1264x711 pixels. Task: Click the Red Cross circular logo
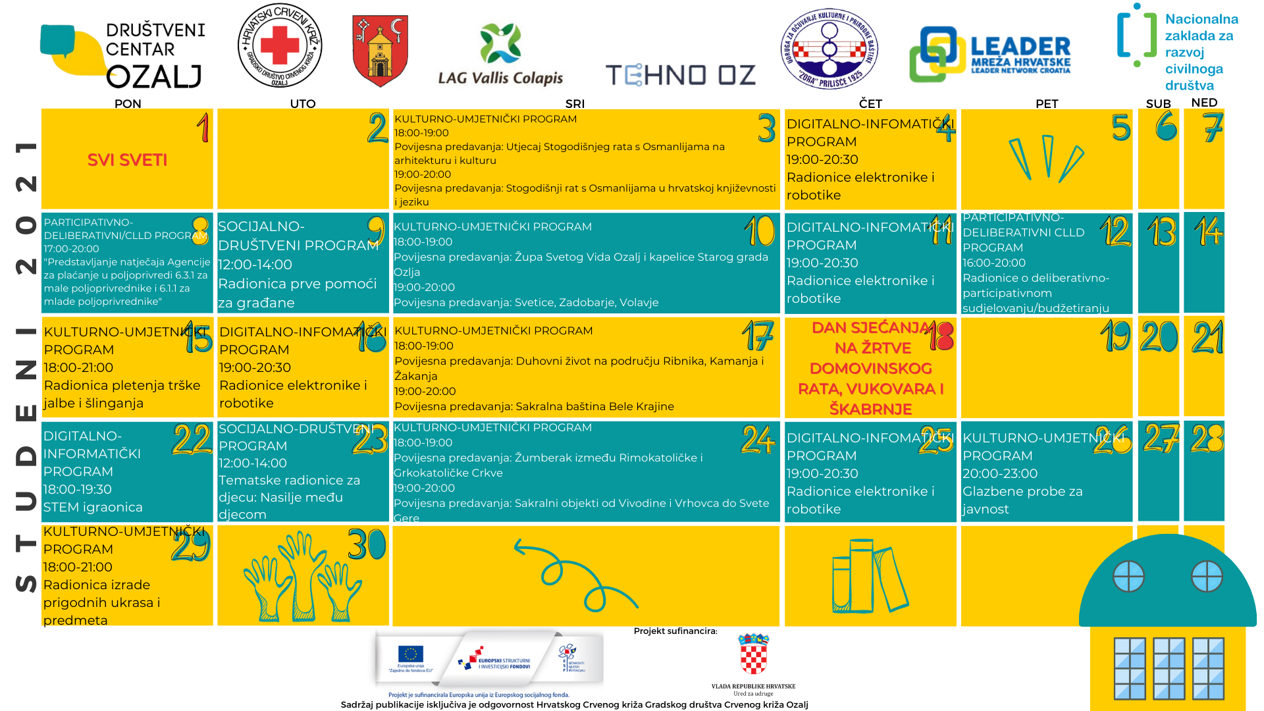click(x=280, y=46)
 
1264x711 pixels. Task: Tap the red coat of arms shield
click(x=380, y=51)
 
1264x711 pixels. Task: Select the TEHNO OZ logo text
click(x=681, y=75)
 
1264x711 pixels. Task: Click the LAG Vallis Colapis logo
click(x=500, y=56)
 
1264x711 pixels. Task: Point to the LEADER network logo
click(x=989, y=55)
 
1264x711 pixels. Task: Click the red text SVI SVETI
click(x=127, y=160)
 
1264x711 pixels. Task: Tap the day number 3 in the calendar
click(x=766, y=128)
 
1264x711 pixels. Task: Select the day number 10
click(x=760, y=231)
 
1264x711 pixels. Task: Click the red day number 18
click(x=941, y=336)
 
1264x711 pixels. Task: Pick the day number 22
click(x=192, y=440)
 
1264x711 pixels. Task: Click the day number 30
click(x=367, y=544)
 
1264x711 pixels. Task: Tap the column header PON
click(x=128, y=103)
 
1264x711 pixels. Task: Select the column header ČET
click(x=870, y=103)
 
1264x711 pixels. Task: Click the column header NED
click(x=1204, y=103)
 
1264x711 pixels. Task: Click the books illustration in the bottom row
click(x=870, y=576)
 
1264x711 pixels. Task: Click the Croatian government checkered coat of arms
click(x=754, y=654)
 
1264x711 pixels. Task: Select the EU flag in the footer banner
click(x=410, y=654)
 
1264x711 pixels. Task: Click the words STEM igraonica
click(x=93, y=507)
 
